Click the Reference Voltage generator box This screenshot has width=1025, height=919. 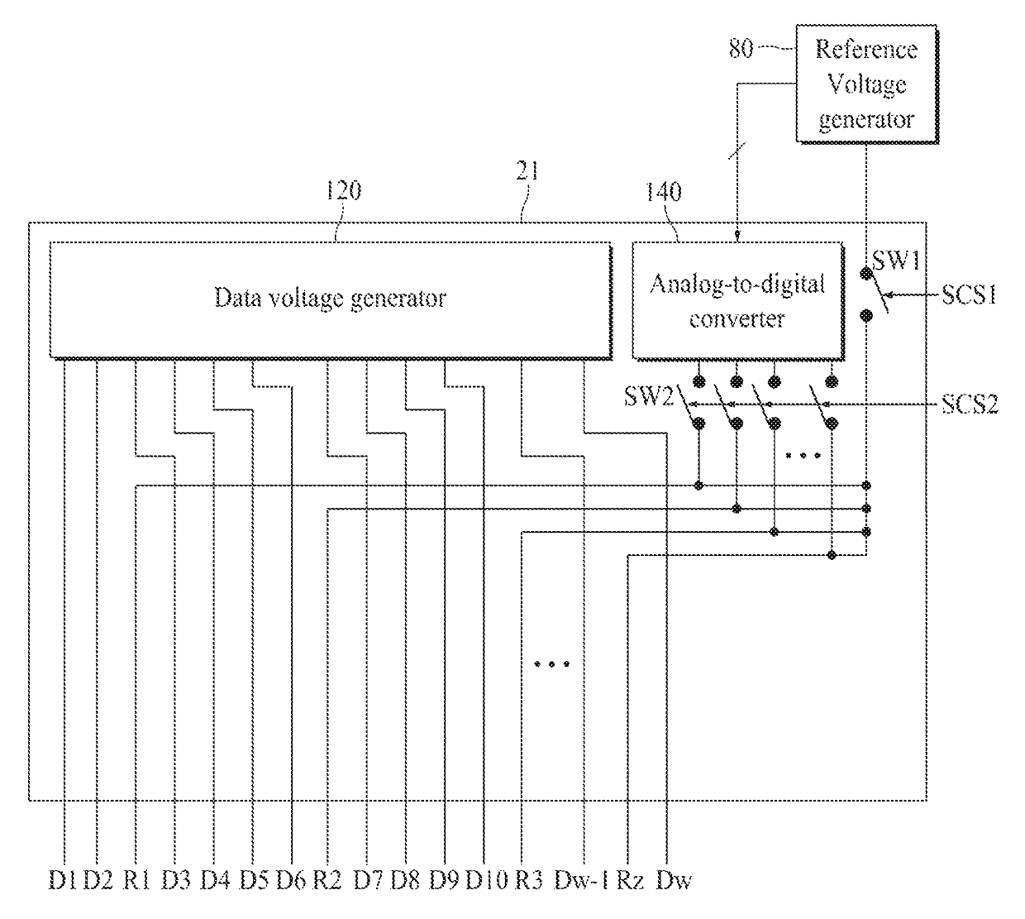tap(866, 84)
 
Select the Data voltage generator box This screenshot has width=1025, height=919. tap(331, 299)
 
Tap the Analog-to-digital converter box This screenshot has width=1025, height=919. tap(738, 301)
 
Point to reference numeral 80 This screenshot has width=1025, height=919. tap(741, 49)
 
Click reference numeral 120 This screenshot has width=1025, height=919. tap(343, 191)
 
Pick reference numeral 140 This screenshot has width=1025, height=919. tap(663, 192)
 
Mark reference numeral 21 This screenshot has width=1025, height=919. tap(527, 171)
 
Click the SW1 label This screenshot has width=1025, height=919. tap(896, 261)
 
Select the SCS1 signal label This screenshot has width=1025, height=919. tap(969, 294)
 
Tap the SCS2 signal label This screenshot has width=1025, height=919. tap(970, 404)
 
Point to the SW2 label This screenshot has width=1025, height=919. tap(649, 396)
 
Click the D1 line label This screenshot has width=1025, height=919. tap(64, 880)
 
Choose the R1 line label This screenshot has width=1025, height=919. tap(137, 880)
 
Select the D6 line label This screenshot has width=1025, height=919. tap(292, 880)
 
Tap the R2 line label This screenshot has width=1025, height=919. tap(327, 880)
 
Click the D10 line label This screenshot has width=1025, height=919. tap(486, 880)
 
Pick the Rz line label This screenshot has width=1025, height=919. tap(630, 880)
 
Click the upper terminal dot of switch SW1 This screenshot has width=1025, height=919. tap(866, 274)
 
